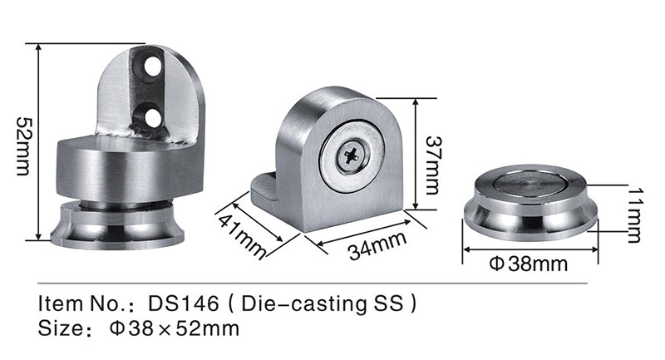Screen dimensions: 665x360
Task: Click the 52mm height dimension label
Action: point(22,145)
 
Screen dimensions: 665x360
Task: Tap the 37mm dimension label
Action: point(432,165)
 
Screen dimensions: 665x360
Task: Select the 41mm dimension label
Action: point(243,237)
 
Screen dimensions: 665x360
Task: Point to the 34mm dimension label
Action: point(378,245)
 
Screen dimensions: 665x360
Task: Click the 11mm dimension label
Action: point(635,215)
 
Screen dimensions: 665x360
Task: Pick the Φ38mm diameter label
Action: point(528,264)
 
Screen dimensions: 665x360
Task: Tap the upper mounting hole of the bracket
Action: point(152,67)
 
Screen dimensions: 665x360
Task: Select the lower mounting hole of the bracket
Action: point(152,117)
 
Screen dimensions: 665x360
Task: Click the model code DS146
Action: point(183,303)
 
